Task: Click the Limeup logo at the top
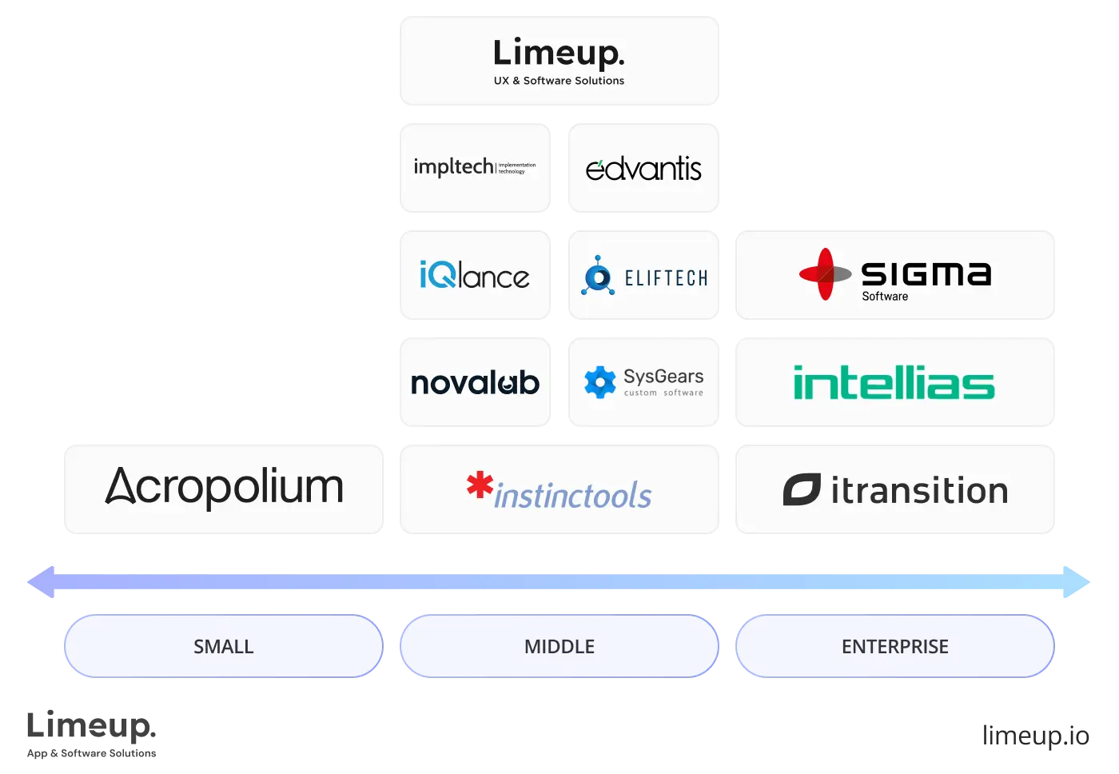click(x=559, y=54)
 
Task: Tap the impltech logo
click(x=474, y=167)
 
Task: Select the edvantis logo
click(x=643, y=168)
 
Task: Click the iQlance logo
click(x=474, y=276)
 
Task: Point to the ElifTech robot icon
click(x=598, y=276)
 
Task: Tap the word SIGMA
click(x=926, y=273)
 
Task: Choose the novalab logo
click(x=475, y=383)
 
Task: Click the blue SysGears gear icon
click(x=599, y=382)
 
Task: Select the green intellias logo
click(x=894, y=383)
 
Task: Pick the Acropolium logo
click(x=225, y=487)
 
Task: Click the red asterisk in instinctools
click(x=480, y=485)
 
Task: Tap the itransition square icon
click(x=802, y=489)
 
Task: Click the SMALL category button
click(x=224, y=646)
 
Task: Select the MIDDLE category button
click(x=559, y=646)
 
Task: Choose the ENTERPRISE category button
click(x=894, y=646)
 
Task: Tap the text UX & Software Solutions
click(x=559, y=81)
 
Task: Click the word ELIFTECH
click(x=666, y=278)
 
